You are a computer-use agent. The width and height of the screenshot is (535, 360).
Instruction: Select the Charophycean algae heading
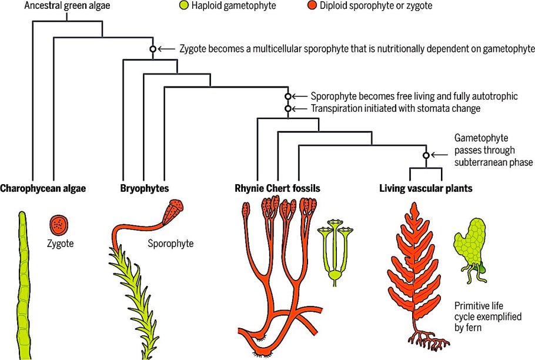pos(43,189)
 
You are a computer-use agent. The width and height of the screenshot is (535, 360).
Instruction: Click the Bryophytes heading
pos(145,189)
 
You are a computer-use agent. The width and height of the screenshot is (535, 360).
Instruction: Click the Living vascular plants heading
pos(426,189)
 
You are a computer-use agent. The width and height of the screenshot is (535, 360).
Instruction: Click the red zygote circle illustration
pos(59,224)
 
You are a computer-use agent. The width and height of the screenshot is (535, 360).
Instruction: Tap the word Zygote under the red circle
pos(60,242)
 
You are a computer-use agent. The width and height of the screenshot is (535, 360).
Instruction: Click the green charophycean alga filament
pos(23,282)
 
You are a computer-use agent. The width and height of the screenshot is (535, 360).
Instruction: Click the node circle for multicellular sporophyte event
pos(153,49)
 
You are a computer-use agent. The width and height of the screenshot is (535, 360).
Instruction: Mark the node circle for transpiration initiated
pos(287,108)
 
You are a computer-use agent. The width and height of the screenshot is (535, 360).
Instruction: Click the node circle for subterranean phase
pos(426,155)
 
